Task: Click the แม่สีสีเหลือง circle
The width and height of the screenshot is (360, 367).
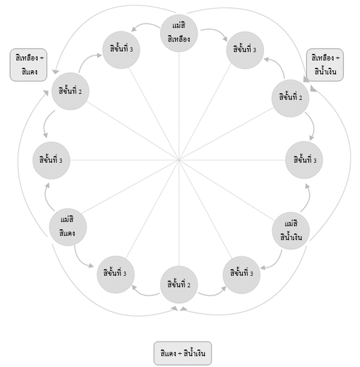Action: coord(179,33)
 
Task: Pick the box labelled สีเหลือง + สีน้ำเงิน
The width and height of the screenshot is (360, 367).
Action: coord(326,65)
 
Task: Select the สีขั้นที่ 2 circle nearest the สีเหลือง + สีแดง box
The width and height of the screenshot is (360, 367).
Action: coord(70,91)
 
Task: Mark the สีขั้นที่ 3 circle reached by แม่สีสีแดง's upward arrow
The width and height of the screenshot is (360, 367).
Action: coord(51,160)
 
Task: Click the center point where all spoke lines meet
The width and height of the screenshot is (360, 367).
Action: coord(179,160)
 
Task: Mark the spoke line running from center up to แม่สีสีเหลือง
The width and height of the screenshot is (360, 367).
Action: coord(179,106)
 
